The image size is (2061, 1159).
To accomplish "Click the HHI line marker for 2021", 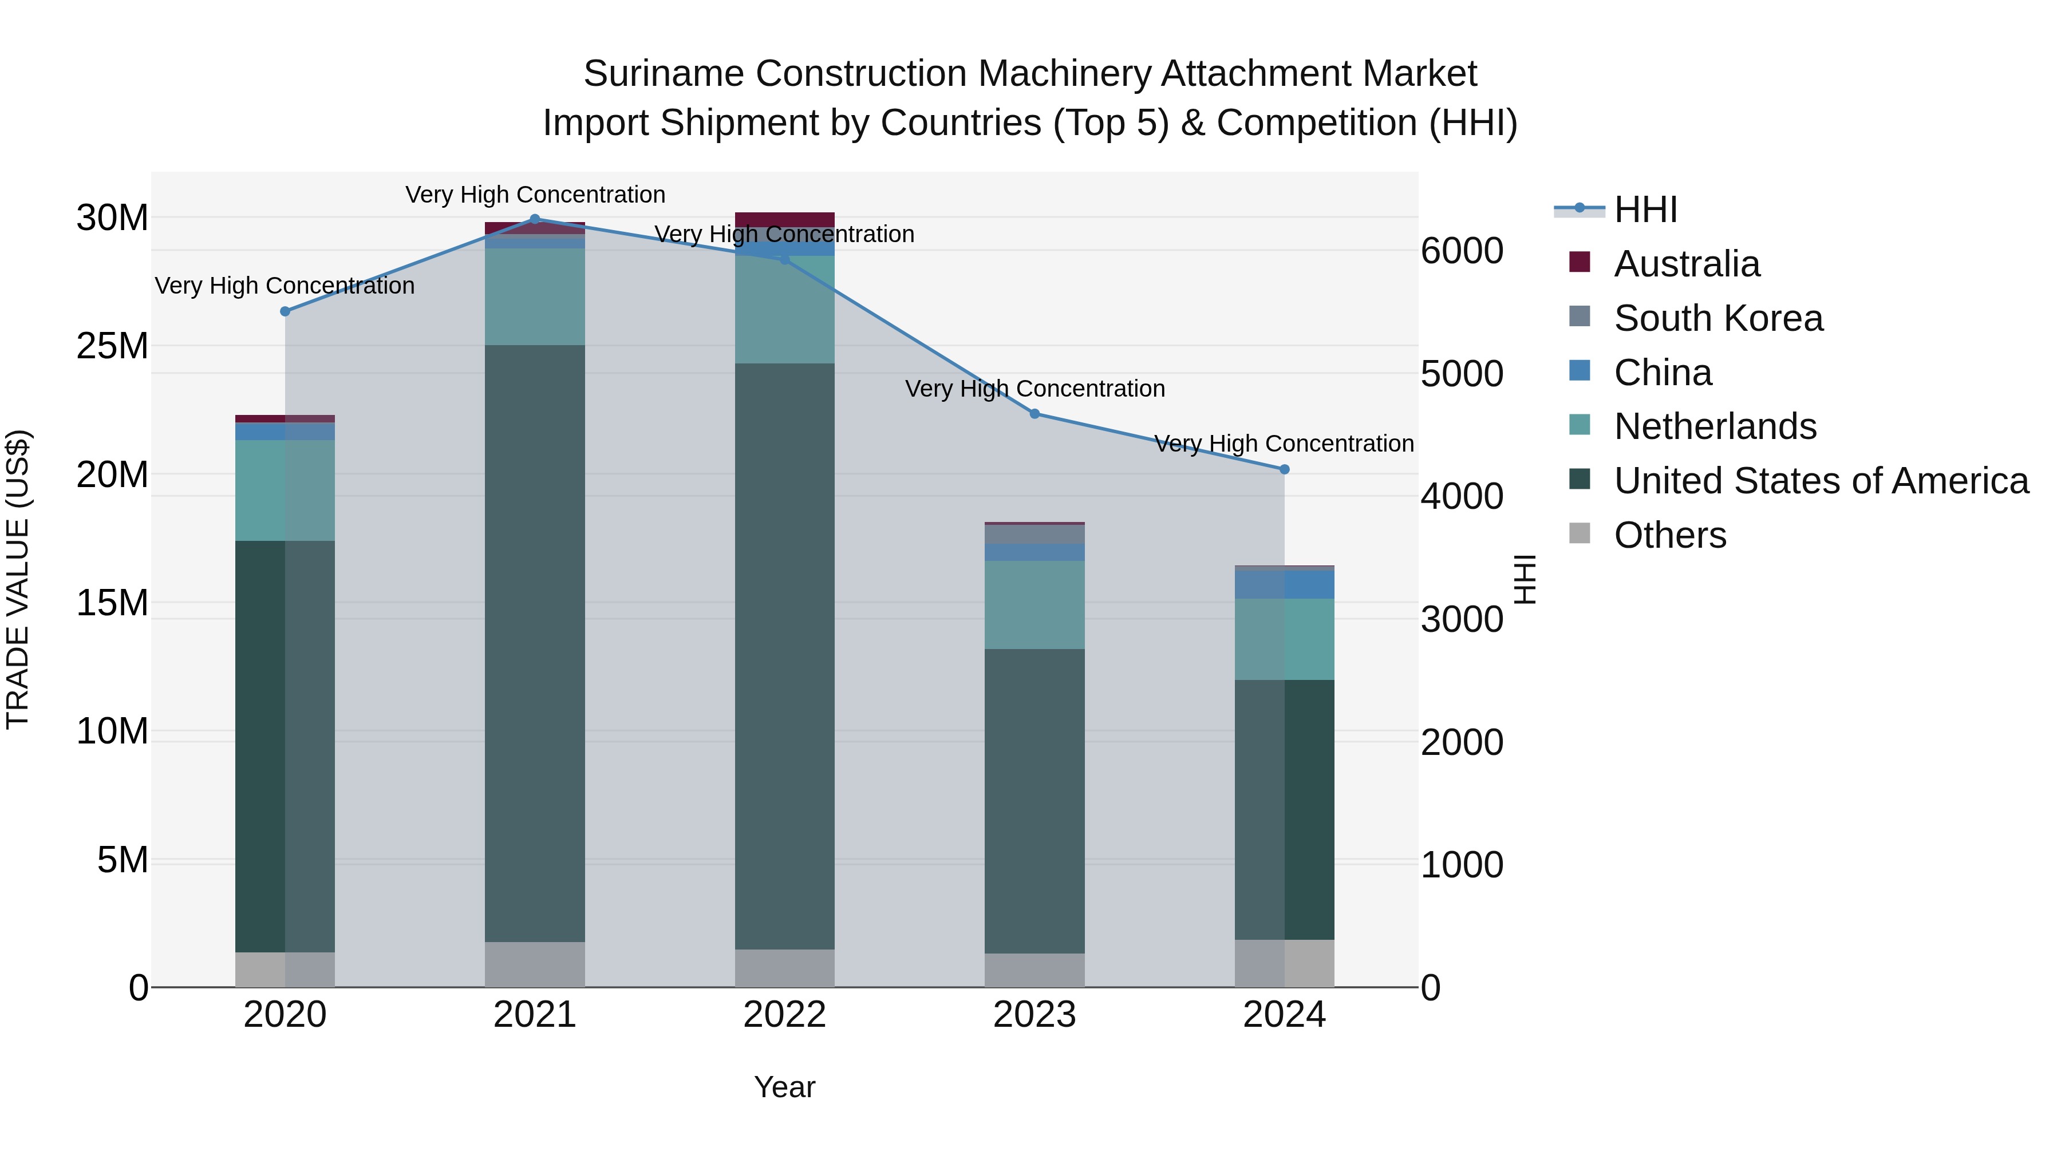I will (535, 219).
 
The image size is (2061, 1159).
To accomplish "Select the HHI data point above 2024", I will (1284, 469).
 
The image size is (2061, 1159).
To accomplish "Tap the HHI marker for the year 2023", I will (1035, 414).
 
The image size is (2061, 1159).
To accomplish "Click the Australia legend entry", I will (1686, 264).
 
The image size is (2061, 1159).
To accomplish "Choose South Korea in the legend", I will (1717, 318).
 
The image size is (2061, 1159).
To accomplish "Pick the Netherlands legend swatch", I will (1580, 425).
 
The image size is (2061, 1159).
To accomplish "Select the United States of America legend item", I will (1820, 481).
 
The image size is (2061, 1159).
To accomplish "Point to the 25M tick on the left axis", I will (112, 346).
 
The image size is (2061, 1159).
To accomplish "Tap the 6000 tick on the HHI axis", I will (1462, 251).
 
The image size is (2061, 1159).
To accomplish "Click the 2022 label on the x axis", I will (784, 1015).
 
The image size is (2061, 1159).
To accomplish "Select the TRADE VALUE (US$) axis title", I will (18, 579).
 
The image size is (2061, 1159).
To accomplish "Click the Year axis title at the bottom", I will (784, 1087).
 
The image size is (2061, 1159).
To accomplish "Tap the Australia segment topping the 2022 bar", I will (784, 219).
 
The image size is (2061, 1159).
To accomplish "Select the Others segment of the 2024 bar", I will (1284, 963).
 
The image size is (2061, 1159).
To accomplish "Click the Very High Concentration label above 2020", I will (285, 286).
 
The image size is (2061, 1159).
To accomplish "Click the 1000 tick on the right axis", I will (1462, 865).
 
